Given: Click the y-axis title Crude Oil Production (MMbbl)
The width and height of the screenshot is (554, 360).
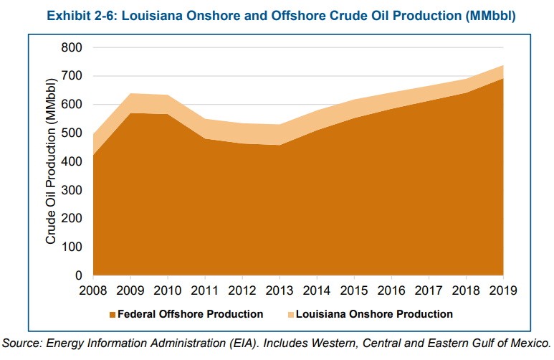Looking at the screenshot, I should pos(51,161).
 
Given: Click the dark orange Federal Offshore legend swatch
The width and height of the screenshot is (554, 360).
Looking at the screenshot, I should pos(113,315).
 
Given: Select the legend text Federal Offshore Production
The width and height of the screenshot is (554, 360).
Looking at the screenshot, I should pos(190,314).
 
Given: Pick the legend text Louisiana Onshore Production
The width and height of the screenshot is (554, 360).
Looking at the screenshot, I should pos(375,314).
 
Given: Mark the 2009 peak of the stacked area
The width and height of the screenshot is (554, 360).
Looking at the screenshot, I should pos(130,93).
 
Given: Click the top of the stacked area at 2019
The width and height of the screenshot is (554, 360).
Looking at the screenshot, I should pos(503,65).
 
